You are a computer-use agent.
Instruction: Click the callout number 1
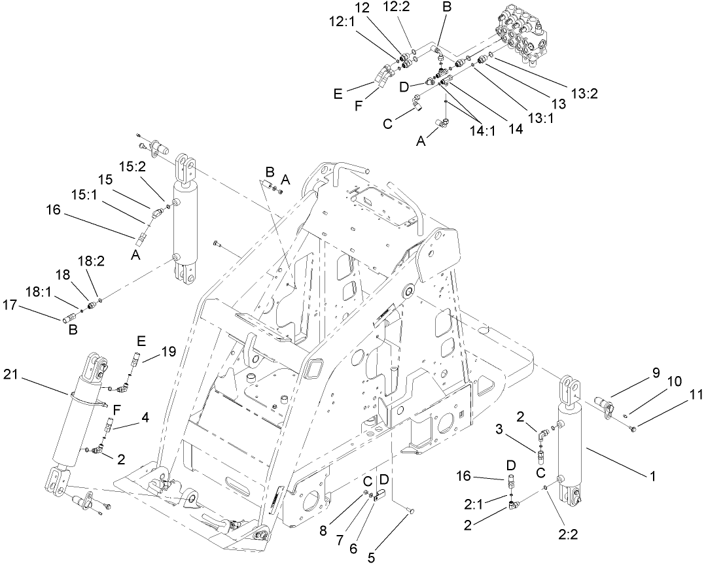click(652, 477)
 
